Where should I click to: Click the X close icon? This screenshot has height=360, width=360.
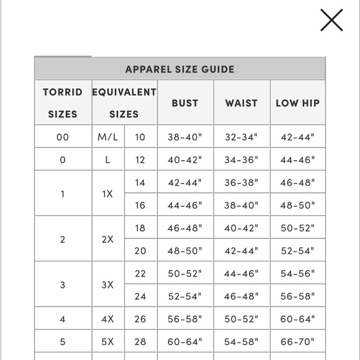tap(331, 20)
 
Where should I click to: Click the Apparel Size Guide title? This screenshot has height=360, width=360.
tap(180, 70)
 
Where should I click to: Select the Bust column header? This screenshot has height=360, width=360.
tap(185, 103)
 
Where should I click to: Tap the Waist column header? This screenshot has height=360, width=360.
tap(241, 103)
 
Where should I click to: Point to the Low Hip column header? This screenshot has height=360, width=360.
tap(297, 103)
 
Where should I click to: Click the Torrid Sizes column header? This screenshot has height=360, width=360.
tap(63, 103)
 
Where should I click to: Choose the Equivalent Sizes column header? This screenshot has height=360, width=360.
tap(124, 103)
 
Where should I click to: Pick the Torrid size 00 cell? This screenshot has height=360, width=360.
tap(63, 137)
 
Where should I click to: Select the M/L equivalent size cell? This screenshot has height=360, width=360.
tap(107, 137)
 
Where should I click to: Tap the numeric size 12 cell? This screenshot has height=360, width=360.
tap(140, 160)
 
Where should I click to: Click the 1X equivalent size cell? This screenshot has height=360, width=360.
tap(107, 194)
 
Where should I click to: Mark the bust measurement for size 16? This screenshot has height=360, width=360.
tap(185, 205)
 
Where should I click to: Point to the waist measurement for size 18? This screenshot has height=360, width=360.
tap(241, 228)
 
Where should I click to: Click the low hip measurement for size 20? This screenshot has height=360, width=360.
tap(297, 251)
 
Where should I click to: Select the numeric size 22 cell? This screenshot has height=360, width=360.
tap(140, 274)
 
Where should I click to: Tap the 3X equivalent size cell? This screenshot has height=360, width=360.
tap(107, 285)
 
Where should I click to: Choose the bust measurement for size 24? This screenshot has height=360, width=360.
tap(185, 297)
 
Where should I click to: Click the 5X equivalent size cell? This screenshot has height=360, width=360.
tap(107, 342)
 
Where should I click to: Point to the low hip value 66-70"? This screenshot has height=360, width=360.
tap(297, 342)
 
